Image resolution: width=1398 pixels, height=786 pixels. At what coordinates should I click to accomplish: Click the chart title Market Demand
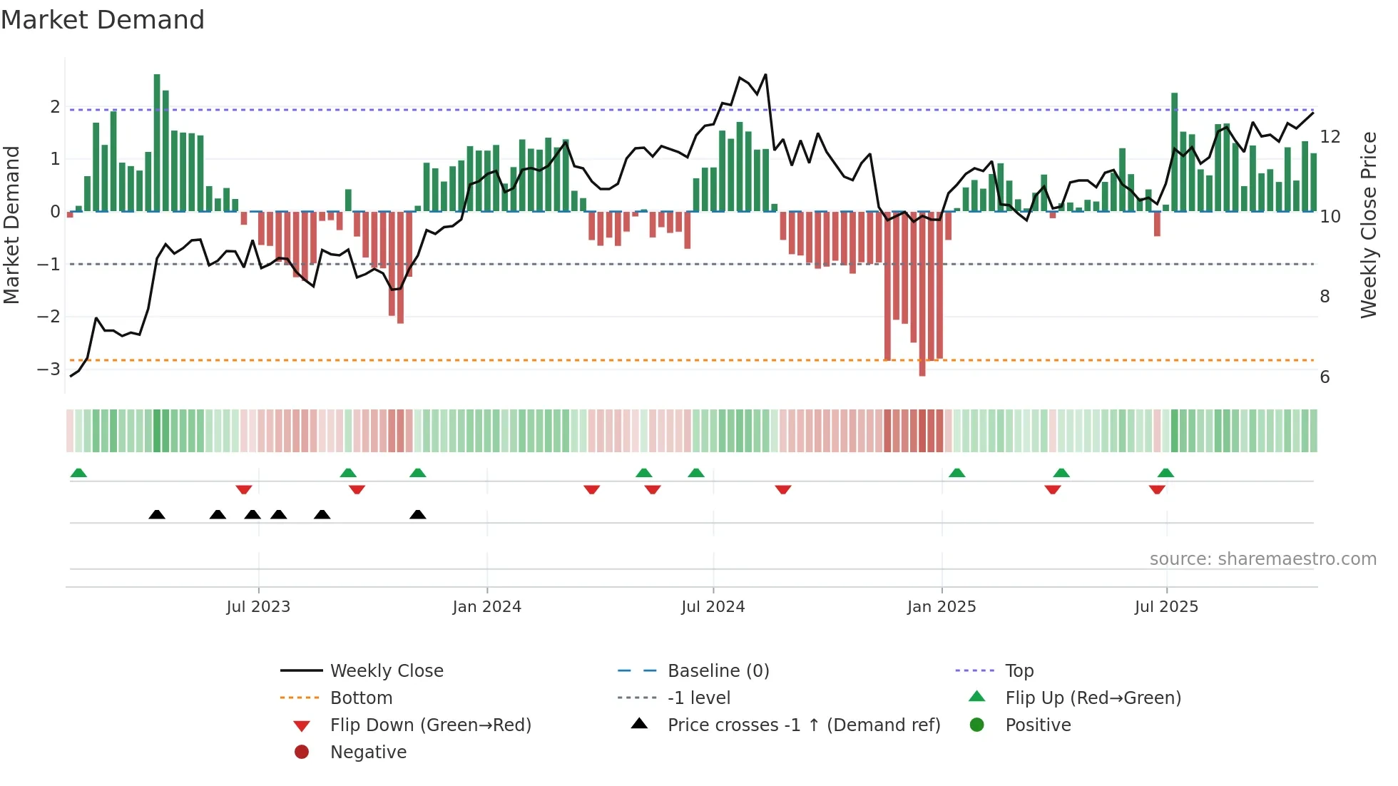tap(103, 20)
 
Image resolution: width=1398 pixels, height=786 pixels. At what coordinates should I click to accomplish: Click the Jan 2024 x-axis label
tap(486, 607)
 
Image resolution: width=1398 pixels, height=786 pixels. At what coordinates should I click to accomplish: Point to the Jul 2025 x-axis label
tap(1166, 607)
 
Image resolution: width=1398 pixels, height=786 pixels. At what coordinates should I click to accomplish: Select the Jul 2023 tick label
tap(258, 607)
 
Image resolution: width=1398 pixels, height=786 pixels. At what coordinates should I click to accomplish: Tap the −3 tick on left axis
tap(49, 369)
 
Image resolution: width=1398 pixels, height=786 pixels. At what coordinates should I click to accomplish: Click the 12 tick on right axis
tap(1330, 137)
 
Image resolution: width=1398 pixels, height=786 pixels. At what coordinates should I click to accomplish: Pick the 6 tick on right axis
tap(1325, 377)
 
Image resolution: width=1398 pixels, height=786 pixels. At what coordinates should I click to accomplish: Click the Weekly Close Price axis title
tap(1368, 225)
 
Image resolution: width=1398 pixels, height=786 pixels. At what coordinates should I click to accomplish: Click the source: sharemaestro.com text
tap(1262, 559)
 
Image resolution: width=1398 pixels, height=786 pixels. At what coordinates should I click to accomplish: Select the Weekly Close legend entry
tap(386, 671)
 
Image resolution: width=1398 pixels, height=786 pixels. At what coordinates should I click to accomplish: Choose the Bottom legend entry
tap(361, 698)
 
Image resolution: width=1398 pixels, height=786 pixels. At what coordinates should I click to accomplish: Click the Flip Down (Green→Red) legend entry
tap(430, 725)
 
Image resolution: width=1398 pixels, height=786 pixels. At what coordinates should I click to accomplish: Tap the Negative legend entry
tap(368, 752)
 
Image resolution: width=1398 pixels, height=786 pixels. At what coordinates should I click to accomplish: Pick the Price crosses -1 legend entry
tap(803, 725)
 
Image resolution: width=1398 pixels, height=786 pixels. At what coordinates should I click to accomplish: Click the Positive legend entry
tap(1038, 725)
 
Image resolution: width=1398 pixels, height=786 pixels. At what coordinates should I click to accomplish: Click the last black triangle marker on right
tap(418, 515)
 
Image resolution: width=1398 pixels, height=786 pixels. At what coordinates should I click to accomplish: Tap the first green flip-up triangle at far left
tap(78, 473)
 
